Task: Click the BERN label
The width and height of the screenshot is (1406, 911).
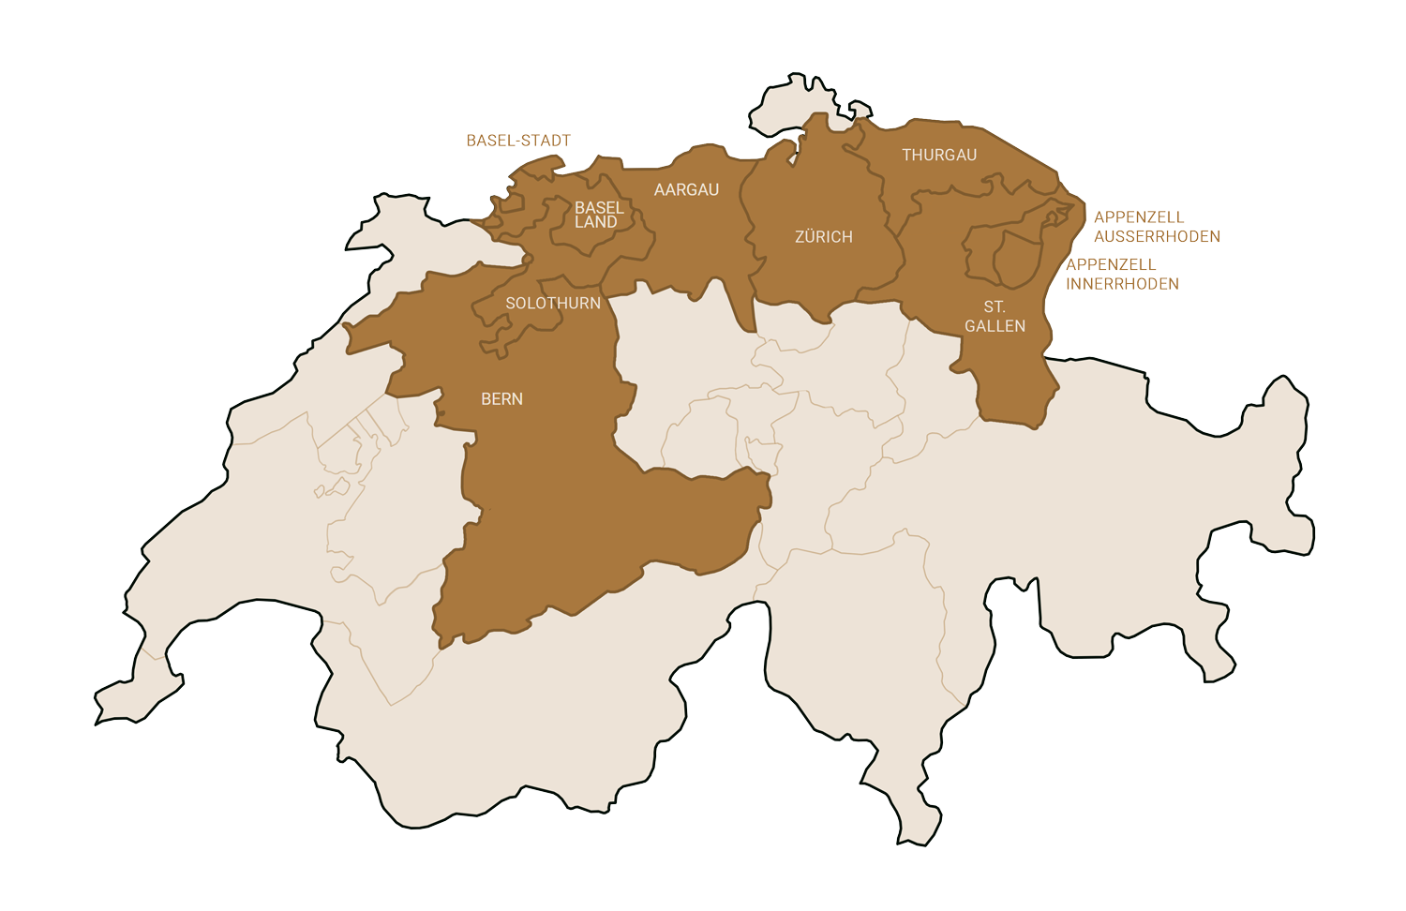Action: point(501,399)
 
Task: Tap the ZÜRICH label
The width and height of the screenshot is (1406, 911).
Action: point(823,237)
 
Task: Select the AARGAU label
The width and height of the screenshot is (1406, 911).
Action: point(686,190)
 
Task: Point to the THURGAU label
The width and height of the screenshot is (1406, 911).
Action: point(938,156)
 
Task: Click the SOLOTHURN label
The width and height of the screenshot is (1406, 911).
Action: point(552,304)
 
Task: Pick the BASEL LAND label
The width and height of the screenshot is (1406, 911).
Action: point(598,215)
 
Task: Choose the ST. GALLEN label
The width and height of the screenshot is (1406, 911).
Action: point(995,317)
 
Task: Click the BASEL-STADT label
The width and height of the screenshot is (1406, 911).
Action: point(518,142)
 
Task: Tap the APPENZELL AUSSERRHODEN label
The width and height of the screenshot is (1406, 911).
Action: point(1156,227)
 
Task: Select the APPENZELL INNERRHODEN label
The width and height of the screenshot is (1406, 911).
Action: point(1122,275)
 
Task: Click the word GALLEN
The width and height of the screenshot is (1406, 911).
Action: point(995,326)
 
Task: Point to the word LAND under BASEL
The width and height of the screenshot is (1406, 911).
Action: point(596,223)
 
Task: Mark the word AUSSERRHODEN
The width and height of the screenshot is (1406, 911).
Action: point(1157,236)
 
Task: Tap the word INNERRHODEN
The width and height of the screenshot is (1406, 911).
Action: point(1123,284)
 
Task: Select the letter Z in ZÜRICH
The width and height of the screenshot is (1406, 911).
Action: point(800,237)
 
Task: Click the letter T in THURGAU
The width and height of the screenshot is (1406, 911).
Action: point(906,156)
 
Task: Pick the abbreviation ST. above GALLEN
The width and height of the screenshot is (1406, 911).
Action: point(995,307)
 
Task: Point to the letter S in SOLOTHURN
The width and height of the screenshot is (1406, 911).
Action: point(510,304)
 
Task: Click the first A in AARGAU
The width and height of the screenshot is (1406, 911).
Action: point(659,190)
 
